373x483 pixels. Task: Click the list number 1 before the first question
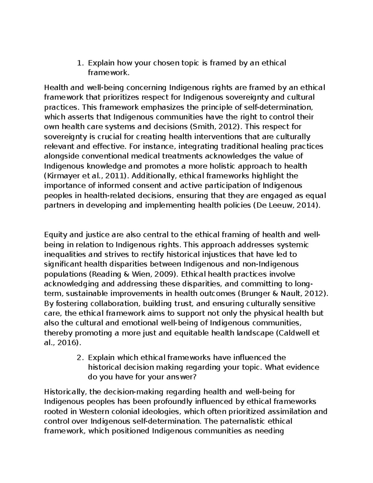(79, 63)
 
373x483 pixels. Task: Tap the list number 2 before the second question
(79, 358)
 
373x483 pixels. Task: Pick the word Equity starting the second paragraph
(54, 235)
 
